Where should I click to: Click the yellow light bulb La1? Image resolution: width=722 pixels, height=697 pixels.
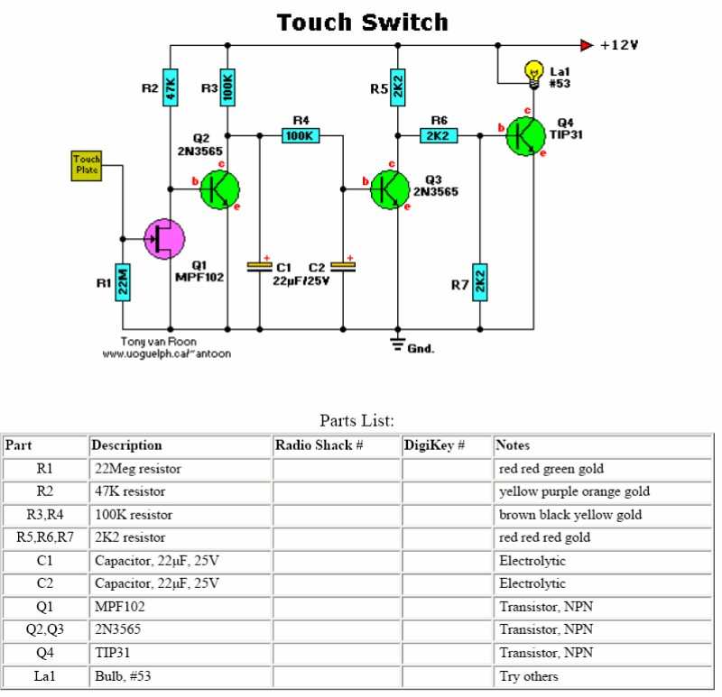pyautogui.click(x=534, y=74)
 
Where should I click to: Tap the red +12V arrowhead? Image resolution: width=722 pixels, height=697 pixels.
pyautogui.click(x=587, y=46)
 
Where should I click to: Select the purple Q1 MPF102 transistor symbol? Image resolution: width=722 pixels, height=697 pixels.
pyautogui.click(x=164, y=239)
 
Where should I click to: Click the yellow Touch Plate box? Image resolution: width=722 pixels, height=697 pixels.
pyautogui.click(x=87, y=166)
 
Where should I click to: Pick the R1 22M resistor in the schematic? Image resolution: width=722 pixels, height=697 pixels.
pyautogui.click(x=123, y=282)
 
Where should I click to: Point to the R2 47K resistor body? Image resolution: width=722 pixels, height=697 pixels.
pyautogui.click(x=171, y=87)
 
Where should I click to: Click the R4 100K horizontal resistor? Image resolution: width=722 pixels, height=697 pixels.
pyautogui.click(x=301, y=136)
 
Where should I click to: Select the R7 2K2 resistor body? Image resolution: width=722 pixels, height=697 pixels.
pyautogui.click(x=480, y=282)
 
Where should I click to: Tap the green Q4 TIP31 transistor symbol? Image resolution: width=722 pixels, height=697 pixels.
pyautogui.click(x=525, y=136)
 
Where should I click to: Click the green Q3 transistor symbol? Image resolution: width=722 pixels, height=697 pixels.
pyautogui.click(x=390, y=189)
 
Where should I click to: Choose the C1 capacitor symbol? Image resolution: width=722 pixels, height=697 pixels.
pyautogui.click(x=260, y=267)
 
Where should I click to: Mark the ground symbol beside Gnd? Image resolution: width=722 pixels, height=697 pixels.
pyautogui.click(x=398, y=344)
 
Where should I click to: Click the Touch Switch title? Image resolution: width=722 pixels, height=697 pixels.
pyautogui.click(x=363, y=23)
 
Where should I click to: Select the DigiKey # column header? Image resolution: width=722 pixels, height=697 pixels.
pyautogui.click(x=434, y=445)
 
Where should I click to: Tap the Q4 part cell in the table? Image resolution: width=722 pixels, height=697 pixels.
pyautogui.click(x=44, y=653)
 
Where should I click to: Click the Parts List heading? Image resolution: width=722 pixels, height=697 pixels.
pyautogui.click(x=356, y=420)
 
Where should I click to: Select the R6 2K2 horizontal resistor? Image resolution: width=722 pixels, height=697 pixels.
pyautogui.click(x=439, y=136)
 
